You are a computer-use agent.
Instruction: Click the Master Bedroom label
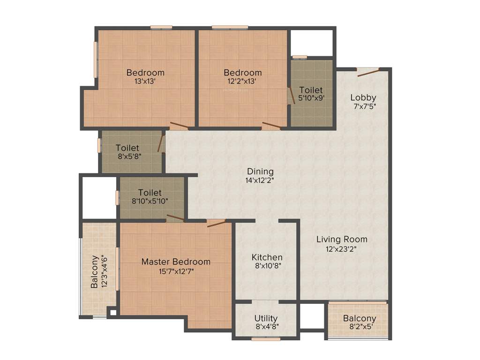point(176,262)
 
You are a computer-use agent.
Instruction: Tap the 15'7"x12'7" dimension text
point(176,270)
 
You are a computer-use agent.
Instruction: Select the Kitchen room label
point(267,257)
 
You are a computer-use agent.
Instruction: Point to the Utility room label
point(266,318)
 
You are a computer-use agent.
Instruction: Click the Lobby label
point(363,97)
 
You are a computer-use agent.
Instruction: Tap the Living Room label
point(342,239)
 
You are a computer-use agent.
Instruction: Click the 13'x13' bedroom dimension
point(145,81)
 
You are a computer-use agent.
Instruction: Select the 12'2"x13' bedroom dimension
point(242,81)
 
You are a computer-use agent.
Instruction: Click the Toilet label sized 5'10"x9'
point(311,90)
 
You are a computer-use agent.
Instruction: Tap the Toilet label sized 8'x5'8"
point(127,148)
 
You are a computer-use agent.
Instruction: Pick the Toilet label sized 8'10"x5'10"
point(150,193)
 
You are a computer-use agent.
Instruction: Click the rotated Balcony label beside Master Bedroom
point(95,272)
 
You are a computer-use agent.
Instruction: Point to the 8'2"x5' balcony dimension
point(359,327)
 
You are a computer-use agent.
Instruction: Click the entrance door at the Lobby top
point(368,71)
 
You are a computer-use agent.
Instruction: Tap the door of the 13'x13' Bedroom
point(179,125)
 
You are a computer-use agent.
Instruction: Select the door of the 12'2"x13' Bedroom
point(271,125)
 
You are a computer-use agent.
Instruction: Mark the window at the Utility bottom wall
point(265,338)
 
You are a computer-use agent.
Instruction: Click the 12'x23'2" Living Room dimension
point(342,249)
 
